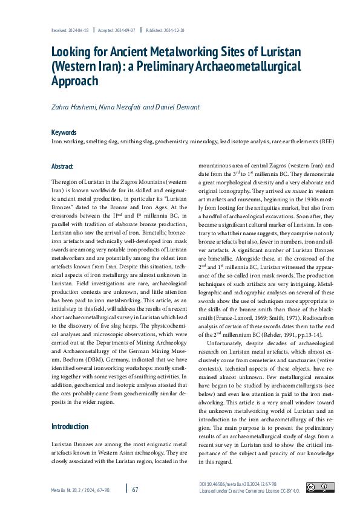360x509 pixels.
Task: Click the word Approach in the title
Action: pos(74,80)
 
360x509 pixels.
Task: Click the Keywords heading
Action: pos(64,132)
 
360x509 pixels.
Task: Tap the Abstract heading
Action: pos(62,166)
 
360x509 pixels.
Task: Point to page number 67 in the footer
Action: pos(135,489)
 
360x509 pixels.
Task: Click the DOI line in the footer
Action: pos(238,485)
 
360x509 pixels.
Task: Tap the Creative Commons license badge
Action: pos(319,487)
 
